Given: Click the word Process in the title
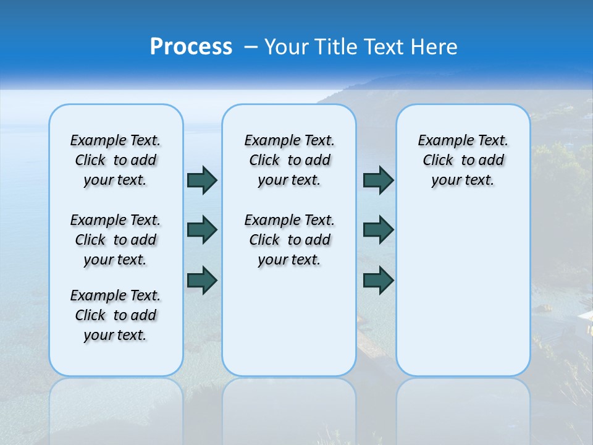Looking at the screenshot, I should tap(191, 47).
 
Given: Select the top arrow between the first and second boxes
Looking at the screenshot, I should tap(202, 180).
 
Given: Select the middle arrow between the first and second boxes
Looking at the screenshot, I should tap(202, 230).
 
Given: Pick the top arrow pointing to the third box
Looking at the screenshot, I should tap(378, 180).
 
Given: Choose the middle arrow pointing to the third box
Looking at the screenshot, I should tap(378, 230).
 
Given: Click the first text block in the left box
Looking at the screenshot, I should tap(116, 160).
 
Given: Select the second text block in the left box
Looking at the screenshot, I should tap(116, 240).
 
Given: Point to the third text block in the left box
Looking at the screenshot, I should tap(116, 315).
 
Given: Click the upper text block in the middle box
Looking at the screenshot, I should tap(289, 160).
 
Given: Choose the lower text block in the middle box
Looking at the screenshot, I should tap(289, 240).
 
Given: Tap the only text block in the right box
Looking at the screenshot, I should tap(463, 160).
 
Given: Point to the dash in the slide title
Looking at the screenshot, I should tap(251, 47).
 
